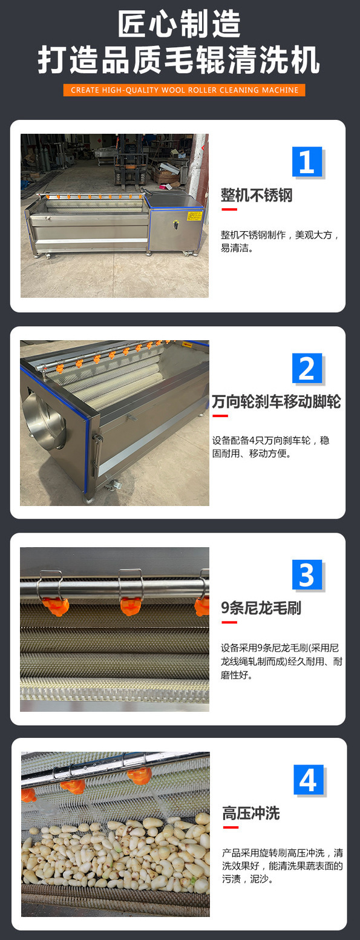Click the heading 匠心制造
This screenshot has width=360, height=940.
[179, 25]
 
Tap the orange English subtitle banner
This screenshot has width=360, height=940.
[184, 90]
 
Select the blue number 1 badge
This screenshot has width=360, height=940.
[307, 162]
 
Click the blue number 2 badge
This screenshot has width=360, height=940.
[307, 369]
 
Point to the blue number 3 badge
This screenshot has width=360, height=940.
[307, 575]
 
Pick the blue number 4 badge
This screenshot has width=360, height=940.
[308, 780]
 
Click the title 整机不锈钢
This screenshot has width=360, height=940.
[257, 196]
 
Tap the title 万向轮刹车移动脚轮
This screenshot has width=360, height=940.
[277, 401]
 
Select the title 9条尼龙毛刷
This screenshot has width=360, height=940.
[261, 608]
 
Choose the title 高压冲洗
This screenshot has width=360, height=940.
[250, 813]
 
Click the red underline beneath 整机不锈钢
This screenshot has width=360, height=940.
[229, 209]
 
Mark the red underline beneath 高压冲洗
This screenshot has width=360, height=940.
[229, 827]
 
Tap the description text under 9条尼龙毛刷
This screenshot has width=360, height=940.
[281, 660]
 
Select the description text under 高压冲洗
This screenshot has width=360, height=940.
[282, 866]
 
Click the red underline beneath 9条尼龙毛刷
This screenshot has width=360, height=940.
[229, 622]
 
